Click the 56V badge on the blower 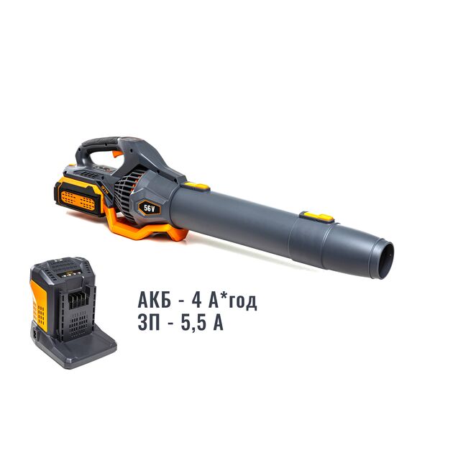click(149, 207)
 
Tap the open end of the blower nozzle click(386, 261)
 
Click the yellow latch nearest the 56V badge click(197, 186)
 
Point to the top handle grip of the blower click(101, 142)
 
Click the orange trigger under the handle click(117, 154)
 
